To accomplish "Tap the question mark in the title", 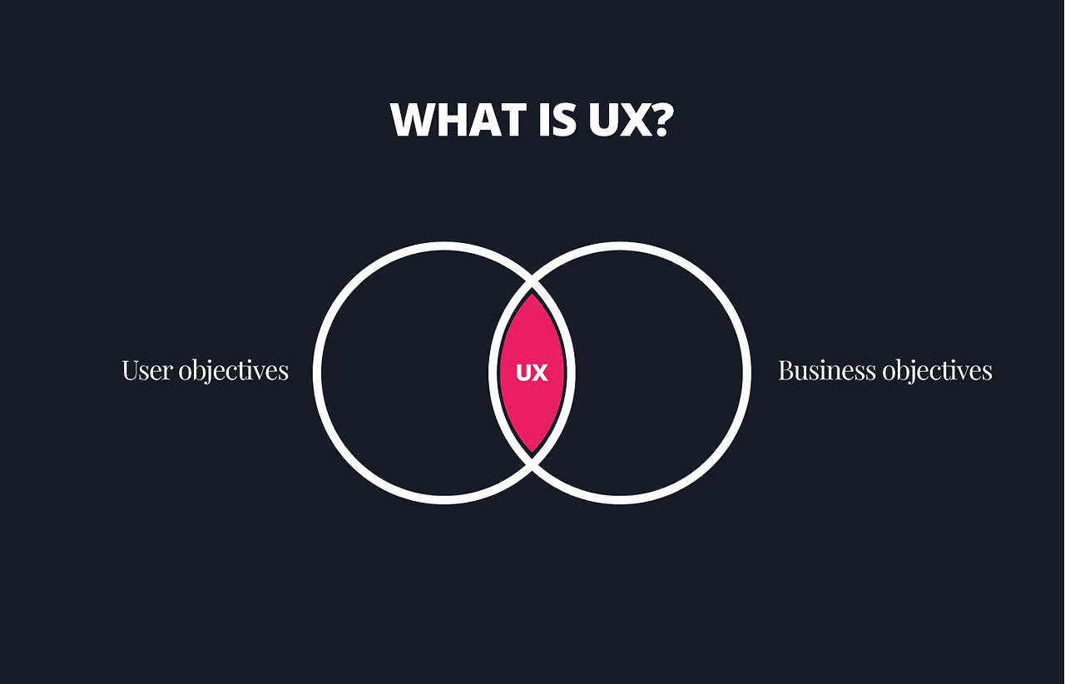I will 658,121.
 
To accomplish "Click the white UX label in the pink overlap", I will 532,374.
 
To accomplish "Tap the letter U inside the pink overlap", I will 523,374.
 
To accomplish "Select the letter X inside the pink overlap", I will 540,374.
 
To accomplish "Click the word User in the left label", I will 146,370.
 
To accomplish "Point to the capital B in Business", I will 785,370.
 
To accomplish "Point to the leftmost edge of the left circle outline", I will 317,373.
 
